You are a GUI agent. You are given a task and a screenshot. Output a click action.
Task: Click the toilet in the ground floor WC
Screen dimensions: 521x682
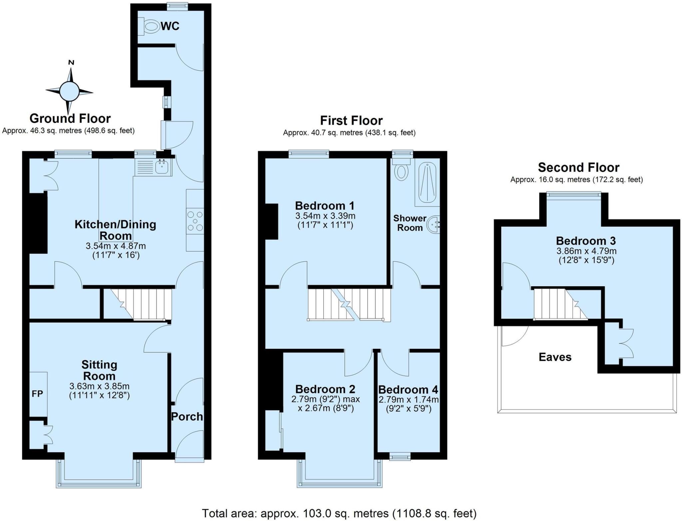152,27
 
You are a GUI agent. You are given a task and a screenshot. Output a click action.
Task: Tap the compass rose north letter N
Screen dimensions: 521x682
71,62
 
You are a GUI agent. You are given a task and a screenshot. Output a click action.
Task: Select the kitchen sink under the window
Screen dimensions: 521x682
162,167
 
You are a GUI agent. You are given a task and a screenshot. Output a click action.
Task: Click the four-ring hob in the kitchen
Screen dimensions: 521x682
195,221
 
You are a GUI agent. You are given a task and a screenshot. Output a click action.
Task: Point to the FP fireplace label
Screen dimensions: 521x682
37,394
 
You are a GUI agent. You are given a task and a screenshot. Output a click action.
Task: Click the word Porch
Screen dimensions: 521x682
187,417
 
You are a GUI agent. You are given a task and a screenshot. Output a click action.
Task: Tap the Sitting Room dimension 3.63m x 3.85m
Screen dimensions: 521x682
99,386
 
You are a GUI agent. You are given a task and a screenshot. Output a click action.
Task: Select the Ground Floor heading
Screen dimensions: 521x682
70,118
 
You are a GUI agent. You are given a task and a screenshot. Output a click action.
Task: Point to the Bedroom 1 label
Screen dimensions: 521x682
325,205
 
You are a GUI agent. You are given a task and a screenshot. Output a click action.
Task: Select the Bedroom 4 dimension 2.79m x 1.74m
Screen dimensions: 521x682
408,399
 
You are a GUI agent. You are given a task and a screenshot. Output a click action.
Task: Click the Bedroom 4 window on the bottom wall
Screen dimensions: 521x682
400,457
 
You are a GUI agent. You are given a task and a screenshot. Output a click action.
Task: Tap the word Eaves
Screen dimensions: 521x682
555,357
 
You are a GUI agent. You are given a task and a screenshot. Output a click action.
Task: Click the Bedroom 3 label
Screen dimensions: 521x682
586,240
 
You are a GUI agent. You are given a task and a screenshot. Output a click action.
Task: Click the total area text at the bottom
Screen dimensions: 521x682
339,513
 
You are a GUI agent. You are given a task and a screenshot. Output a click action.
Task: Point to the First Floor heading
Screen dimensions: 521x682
351,120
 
